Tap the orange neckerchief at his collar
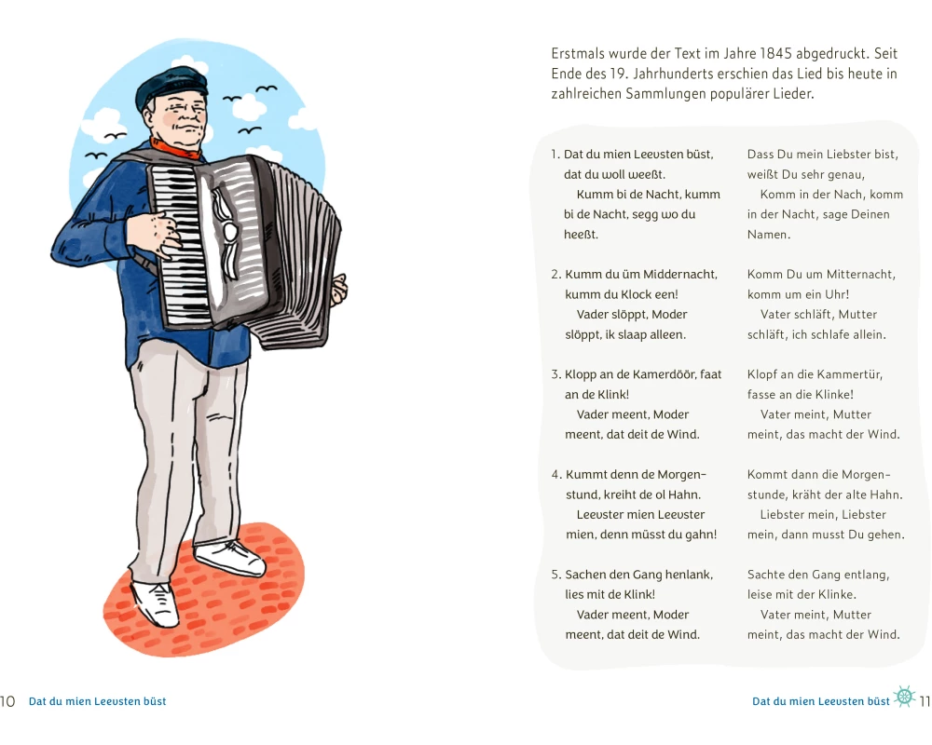[175, 149]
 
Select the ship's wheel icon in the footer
[904, 696]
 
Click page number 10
[7, 701]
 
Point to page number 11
[925, 701]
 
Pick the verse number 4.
[556, 475]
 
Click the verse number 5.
[556, 575]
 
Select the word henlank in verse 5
[691, 575]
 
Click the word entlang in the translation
[867, 575]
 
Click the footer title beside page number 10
[98, 701]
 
